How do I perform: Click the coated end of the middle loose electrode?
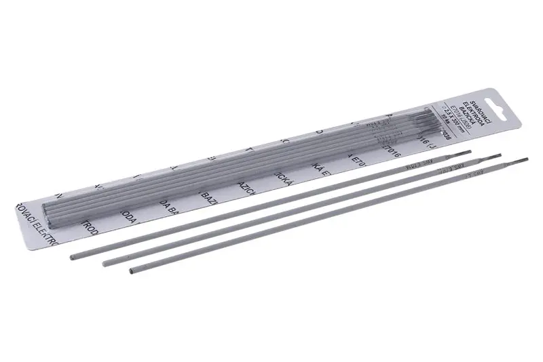pos(106,261)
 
